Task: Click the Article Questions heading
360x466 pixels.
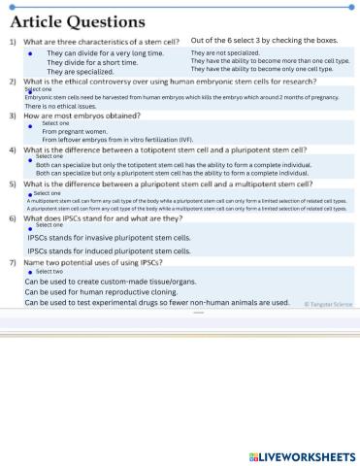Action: click(78, 20)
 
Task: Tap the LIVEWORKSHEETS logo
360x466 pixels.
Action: click(302, 455)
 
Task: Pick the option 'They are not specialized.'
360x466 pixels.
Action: click(225, 52)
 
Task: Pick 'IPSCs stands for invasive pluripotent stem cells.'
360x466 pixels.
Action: click(109, 237)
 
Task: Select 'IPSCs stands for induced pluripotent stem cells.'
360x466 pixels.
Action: click(109, 250)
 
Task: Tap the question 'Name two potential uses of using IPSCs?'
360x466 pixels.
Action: click(93, 262)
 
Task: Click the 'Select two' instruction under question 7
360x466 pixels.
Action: click(50, 272)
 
